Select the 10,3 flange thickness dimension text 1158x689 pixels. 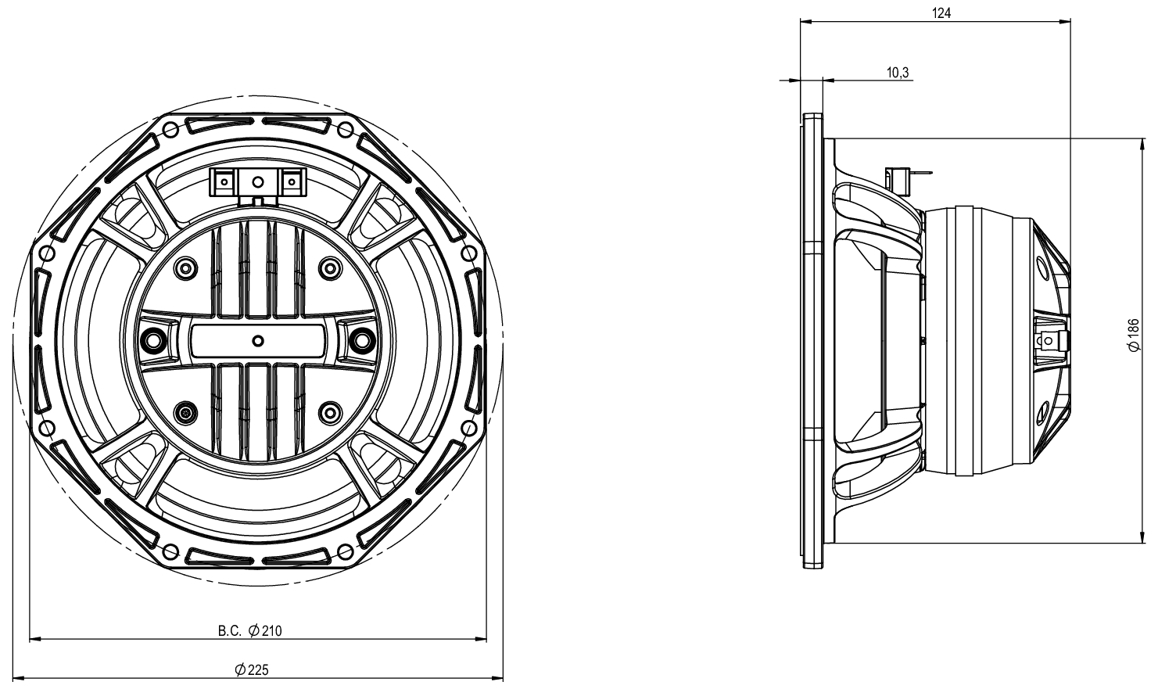click(x=898, y=73)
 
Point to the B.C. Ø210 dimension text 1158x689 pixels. click(x=250, y=630)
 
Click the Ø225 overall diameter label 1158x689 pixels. click(x=251, y=669)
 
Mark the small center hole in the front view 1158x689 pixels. click(x=258, y=340)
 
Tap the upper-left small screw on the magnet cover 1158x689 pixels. click(x=185, y=268)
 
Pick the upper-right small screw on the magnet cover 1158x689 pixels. click(x=332, y=268)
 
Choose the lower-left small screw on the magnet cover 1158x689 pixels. click(x=185, y=412)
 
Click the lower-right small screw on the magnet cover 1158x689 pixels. click(x=332, y=412)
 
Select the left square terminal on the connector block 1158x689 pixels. click(x=224, y=182)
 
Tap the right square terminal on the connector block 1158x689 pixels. click(x=291, y=182)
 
